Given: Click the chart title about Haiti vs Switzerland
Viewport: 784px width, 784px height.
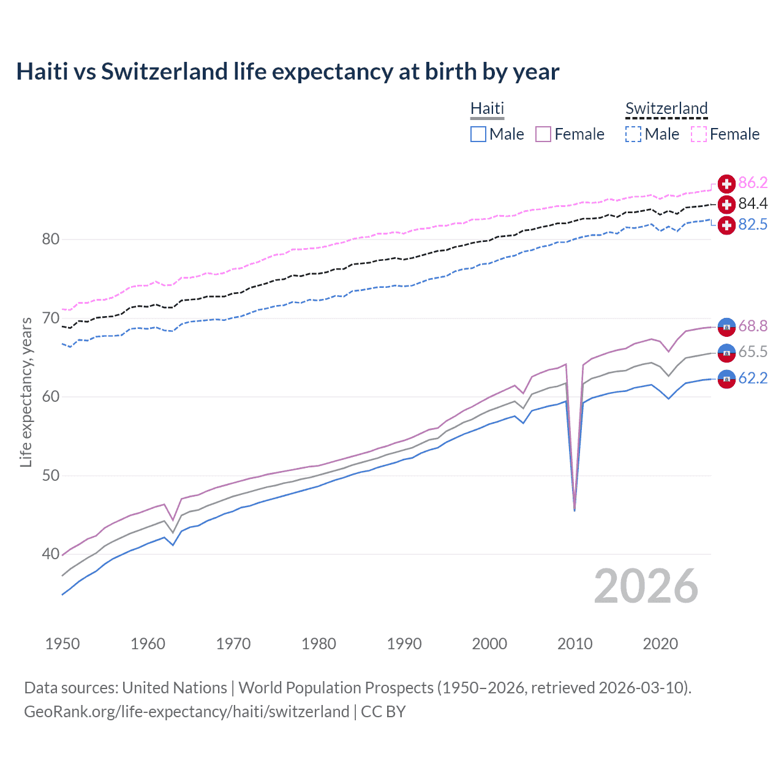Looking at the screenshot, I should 287,72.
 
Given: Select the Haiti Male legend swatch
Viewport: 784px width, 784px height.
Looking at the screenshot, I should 478,134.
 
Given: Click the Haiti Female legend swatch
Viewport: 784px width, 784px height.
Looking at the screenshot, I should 543,134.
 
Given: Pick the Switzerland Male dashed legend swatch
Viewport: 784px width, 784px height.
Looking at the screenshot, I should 633,134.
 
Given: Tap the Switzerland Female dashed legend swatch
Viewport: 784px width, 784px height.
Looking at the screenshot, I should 699,134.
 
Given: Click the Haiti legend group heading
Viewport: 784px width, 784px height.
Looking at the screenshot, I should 487,108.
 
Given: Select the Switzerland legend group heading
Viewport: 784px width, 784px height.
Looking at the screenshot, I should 666,108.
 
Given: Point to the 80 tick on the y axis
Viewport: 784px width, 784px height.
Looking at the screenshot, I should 51,239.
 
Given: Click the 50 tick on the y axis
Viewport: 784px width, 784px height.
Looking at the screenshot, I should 51,475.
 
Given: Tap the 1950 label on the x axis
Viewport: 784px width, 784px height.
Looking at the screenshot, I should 62,644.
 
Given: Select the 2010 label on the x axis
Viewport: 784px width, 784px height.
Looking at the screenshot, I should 575,644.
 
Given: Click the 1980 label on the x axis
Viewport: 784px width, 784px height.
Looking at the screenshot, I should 318,644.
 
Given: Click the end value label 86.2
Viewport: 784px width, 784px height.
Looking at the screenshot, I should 753,183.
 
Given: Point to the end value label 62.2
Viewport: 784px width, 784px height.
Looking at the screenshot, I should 753,379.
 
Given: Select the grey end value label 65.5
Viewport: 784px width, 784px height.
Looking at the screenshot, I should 753,352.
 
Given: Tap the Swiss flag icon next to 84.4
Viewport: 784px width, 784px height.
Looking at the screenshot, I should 726,205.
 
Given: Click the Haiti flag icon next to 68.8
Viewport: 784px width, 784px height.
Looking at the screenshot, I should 726,327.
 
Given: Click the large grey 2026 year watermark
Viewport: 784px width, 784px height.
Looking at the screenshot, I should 646,586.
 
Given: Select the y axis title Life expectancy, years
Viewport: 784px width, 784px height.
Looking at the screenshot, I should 26,392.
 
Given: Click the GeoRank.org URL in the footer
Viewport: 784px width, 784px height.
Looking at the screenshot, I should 186,712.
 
